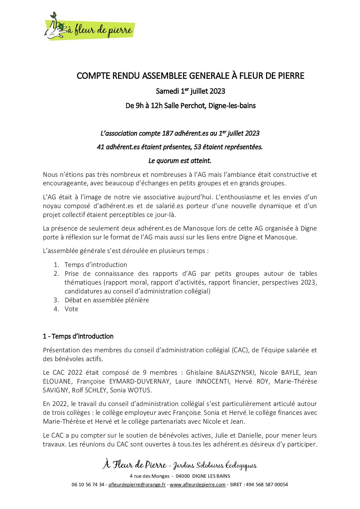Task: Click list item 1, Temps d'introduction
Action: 96,265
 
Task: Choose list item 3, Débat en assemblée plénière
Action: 107,300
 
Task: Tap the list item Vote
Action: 71,309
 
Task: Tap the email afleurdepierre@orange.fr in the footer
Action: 137,485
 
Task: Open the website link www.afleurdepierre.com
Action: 197,485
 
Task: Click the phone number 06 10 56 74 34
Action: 88,485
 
